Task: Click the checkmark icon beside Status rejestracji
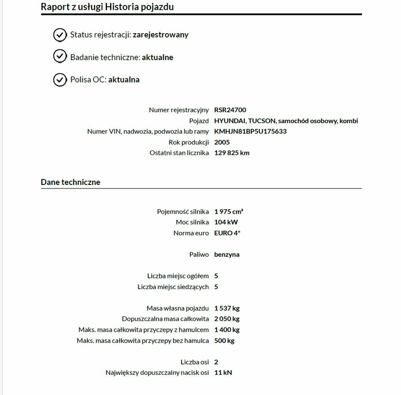tap(60, 35)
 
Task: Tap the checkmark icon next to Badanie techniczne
tap(60, 57)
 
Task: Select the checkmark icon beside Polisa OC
tap(60, 79)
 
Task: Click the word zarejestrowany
tap(160, 35)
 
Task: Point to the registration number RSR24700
tap(230, 110)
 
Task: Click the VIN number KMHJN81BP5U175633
tap(250, 132)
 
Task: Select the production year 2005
tap(222, 142)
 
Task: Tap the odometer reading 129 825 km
tap(232, 153)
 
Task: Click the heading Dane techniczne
tap(70, 182)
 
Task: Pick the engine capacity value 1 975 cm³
tap(229, 211)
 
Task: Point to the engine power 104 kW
tap(226, 222)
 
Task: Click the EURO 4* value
tap(227, 233)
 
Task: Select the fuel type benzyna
tap(227, 255)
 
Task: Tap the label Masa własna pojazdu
tap(177, 308)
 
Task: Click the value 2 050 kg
tap(227, 319)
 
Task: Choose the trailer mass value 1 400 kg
tap(227, 330)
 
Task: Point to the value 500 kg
tap(224, 341)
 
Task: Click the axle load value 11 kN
tap(223, 373)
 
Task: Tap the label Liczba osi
tap(194, 362)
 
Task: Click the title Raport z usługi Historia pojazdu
tap(107, 7)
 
